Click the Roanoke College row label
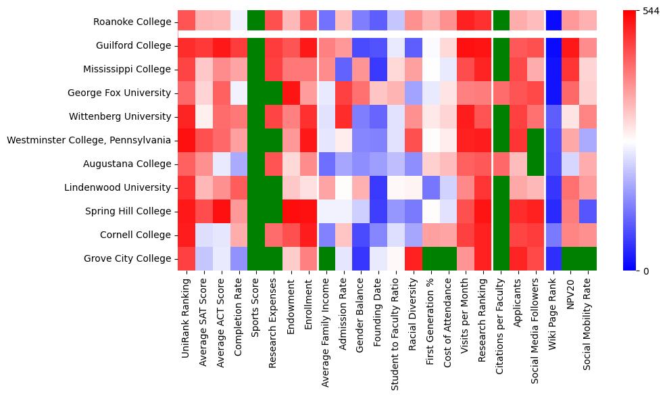[132, 22]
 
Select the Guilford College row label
[133, 46]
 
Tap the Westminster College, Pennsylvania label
[89, 141]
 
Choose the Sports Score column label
[256, 308]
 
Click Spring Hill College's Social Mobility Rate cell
[589, 211]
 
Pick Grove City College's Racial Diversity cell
[414, 258]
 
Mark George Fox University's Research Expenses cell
[274, 93]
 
